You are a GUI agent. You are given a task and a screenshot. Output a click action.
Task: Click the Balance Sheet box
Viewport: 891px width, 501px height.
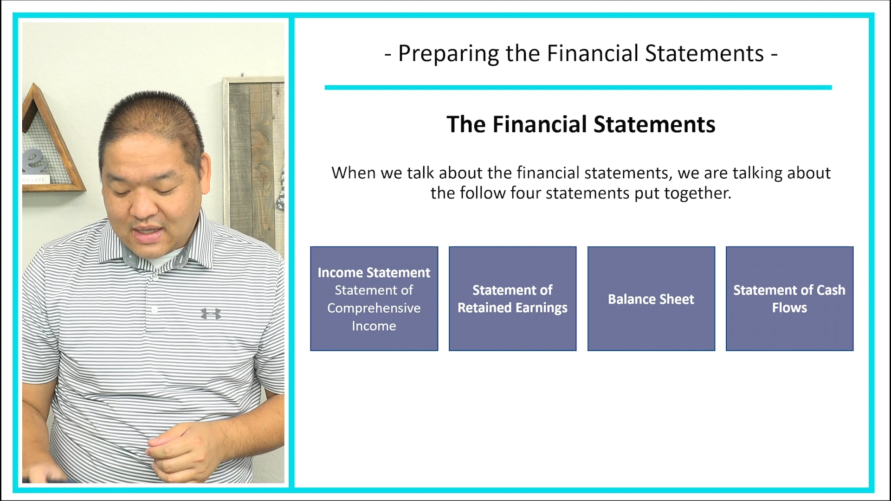tap(651, 299)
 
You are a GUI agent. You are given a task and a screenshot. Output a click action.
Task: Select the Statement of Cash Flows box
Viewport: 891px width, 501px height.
tap(789, 299)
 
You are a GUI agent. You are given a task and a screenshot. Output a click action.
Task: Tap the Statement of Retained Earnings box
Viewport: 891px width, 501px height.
tap(512, 299)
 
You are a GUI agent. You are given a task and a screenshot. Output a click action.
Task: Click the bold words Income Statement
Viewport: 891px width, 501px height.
tap(374, 272)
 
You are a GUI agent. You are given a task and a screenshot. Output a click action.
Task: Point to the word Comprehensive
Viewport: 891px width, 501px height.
tap(374, 308)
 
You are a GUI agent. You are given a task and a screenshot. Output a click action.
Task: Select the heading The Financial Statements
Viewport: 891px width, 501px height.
tap(581, 124)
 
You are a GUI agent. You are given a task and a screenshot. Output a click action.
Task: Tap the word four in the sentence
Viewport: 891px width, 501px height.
tap(526, 193)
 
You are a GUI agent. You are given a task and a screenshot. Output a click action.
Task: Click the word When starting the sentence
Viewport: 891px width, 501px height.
tap(354, 173)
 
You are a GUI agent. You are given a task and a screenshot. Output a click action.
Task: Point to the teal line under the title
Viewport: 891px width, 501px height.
tap(578, 87)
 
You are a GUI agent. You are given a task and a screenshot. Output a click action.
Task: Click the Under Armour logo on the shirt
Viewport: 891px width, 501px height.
tap(211, 314)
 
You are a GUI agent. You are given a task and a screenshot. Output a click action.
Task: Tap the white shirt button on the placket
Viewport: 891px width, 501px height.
tap(155, 310)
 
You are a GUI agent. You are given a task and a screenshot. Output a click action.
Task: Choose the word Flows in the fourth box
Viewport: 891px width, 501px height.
tap(789, 308)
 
